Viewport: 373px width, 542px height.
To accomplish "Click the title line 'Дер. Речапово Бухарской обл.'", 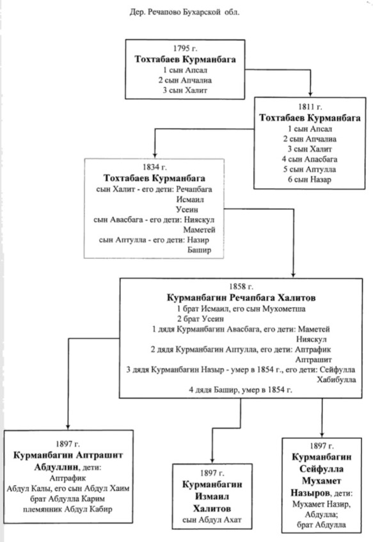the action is click(x=184, y=12).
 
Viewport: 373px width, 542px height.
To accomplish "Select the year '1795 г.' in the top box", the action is click(x=185, y=49).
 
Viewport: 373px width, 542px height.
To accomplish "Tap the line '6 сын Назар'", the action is click(x=310, y=179).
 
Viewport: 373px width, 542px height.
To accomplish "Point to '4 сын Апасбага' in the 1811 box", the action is click(x=310, y=159).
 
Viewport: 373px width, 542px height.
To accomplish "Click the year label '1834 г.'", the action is click(x=155, y=167).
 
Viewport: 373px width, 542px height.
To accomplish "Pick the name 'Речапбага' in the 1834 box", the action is click(x=194, y=189).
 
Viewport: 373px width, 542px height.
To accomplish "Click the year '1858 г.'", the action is click(x=241, y=287).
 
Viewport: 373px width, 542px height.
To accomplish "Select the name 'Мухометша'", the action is click(x=284, y=308).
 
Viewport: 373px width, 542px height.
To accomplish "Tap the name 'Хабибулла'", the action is click(x=337, y=379).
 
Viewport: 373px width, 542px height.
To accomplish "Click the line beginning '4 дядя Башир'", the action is click(x=241, y=390).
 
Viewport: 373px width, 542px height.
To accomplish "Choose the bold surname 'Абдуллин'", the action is click(x=56, y=467).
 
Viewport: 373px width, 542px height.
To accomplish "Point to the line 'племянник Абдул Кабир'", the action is click(x=68, y=509).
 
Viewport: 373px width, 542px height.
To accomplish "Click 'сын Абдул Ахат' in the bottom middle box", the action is click(x=212, y=520).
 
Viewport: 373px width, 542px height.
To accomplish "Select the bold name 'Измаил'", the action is click(x=212, y=497).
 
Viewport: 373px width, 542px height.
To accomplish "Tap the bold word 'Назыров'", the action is click(x=310, y=493).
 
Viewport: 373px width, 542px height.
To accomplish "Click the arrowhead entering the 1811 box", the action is click(x=310, y=94).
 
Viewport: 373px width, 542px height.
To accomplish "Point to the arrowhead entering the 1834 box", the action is click(x=155, y=155).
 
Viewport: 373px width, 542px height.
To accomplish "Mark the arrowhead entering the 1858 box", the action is click(x=293, y=275).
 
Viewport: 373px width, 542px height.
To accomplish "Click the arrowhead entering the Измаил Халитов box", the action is click(x=212, y=460).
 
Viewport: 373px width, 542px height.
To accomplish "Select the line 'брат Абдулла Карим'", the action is click(x=67, y=498).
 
